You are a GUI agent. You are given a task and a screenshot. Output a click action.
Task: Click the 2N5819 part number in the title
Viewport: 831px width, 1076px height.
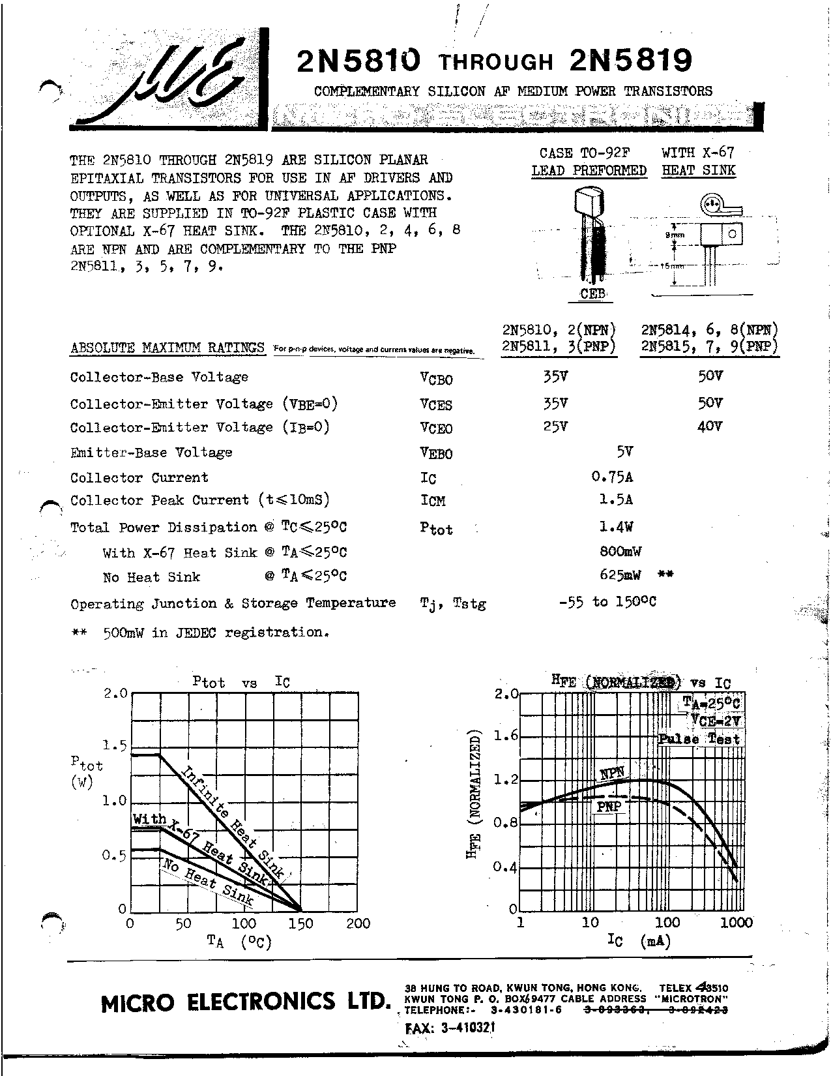pos(630,61)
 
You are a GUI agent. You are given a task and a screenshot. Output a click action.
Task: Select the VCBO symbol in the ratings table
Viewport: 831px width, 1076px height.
pos(436,379)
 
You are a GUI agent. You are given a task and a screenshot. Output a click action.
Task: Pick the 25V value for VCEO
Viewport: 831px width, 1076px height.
pos(555,426)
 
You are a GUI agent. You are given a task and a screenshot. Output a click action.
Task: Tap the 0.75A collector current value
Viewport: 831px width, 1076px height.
pos(612,477)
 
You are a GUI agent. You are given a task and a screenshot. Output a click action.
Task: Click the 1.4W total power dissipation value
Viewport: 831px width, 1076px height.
pos(616,526)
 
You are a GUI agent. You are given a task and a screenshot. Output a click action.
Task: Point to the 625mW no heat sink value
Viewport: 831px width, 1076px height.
pos(620,575)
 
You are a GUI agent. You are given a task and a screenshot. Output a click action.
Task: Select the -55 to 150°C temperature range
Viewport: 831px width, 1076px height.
pos(607,602)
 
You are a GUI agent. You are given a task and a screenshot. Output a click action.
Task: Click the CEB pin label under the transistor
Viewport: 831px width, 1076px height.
pos(592,294)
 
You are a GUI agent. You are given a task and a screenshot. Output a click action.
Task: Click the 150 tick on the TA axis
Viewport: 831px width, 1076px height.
pos(300,923)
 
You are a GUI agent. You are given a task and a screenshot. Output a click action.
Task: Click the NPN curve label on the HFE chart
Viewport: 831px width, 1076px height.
pos(612,774)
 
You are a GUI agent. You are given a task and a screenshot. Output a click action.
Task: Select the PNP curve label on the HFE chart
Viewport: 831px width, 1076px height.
pos(609,807)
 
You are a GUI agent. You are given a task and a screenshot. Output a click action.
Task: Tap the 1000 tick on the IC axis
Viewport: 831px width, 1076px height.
pos(737,923)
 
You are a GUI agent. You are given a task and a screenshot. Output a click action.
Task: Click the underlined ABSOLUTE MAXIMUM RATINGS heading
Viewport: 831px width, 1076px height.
pos(168,348)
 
